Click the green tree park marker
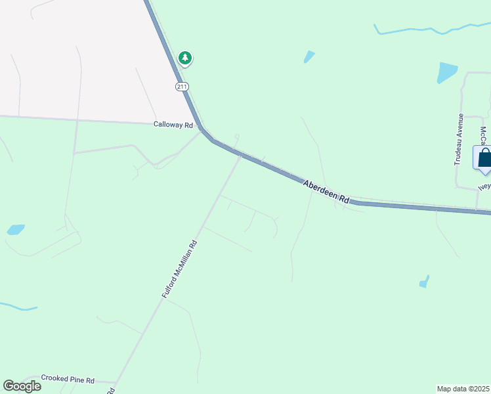click(186, 58)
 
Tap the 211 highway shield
click(181, 86)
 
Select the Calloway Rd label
click(173, 124)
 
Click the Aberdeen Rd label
click(327, 191)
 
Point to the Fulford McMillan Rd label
click(180, 270)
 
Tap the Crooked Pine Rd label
click(68, 379)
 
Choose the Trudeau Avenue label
click(459, 139)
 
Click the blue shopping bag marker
click(484, 158)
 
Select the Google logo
click(22, 385)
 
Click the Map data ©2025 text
click(463, 388)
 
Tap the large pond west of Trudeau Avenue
click(446, 72)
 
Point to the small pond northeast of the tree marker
click(309, 57)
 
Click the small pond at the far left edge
click(15, 230)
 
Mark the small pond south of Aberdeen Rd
click(425, 282)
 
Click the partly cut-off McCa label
click(484, 136)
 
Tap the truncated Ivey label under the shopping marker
click(484, 186)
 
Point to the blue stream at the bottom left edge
click(16, 307)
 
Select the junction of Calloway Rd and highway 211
click(203, 128)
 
